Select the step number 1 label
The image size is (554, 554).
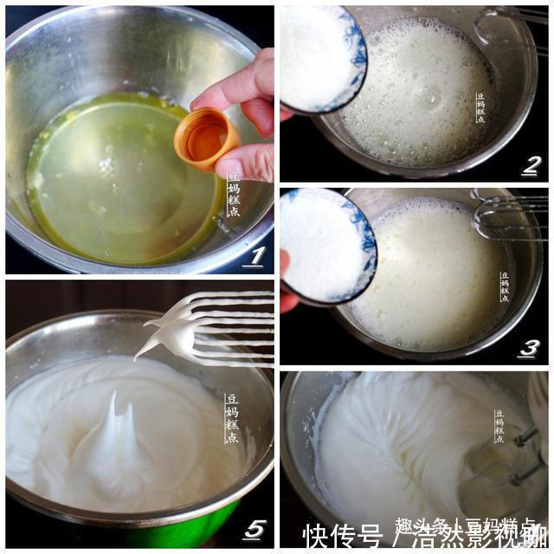click(254, 257)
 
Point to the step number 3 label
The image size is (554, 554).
click(530, 348)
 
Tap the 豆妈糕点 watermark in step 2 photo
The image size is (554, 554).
click(480, 108)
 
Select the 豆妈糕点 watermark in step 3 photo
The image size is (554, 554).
click(505, 287)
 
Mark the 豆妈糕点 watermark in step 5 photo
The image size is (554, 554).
click(231, 419)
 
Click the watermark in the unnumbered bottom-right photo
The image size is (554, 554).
click(499, 427)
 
